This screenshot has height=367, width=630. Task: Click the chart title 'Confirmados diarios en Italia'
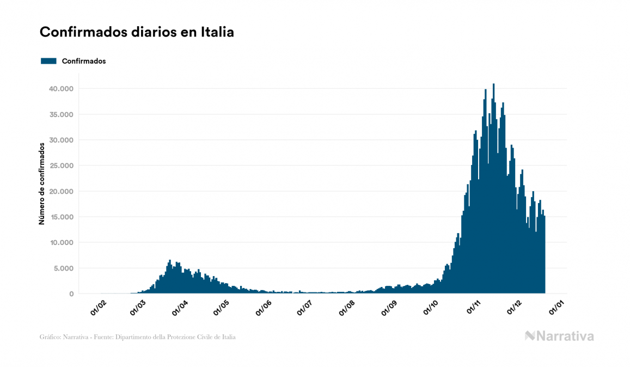click(x=137, y=32)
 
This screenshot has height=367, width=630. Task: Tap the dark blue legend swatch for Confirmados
click(x=48, y=61)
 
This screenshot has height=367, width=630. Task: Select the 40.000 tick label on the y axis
click(x=60, y=89)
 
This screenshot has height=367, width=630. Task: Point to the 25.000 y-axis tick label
click(x=60, y=166)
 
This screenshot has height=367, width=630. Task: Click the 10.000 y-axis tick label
click(x=60, y=242)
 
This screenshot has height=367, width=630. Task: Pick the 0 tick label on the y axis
click(x=71, y=294)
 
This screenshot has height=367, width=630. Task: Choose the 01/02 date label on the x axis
click(x=99, y=308)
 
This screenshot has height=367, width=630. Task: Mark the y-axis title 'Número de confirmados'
click(x=41, y=184)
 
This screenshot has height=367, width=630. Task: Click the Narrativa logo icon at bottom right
click(x=530, y=336)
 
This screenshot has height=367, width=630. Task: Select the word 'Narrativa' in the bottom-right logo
click(x=565, y=336)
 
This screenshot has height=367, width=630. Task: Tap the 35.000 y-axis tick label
click(x=60, y=114)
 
